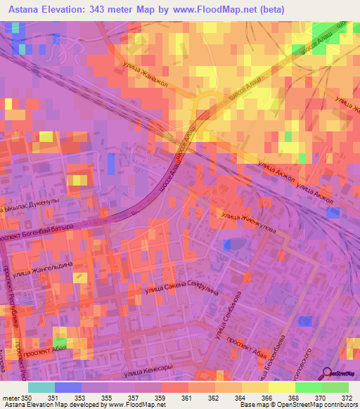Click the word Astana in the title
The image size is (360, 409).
pyautogui.click(x=26, y=10)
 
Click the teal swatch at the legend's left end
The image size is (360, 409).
pyautogui.click(x=41, y=387)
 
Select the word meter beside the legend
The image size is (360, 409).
pyautogui.click(x=11, y=398)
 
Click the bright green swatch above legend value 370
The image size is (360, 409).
pyautogui.click(x=308, y=387)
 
